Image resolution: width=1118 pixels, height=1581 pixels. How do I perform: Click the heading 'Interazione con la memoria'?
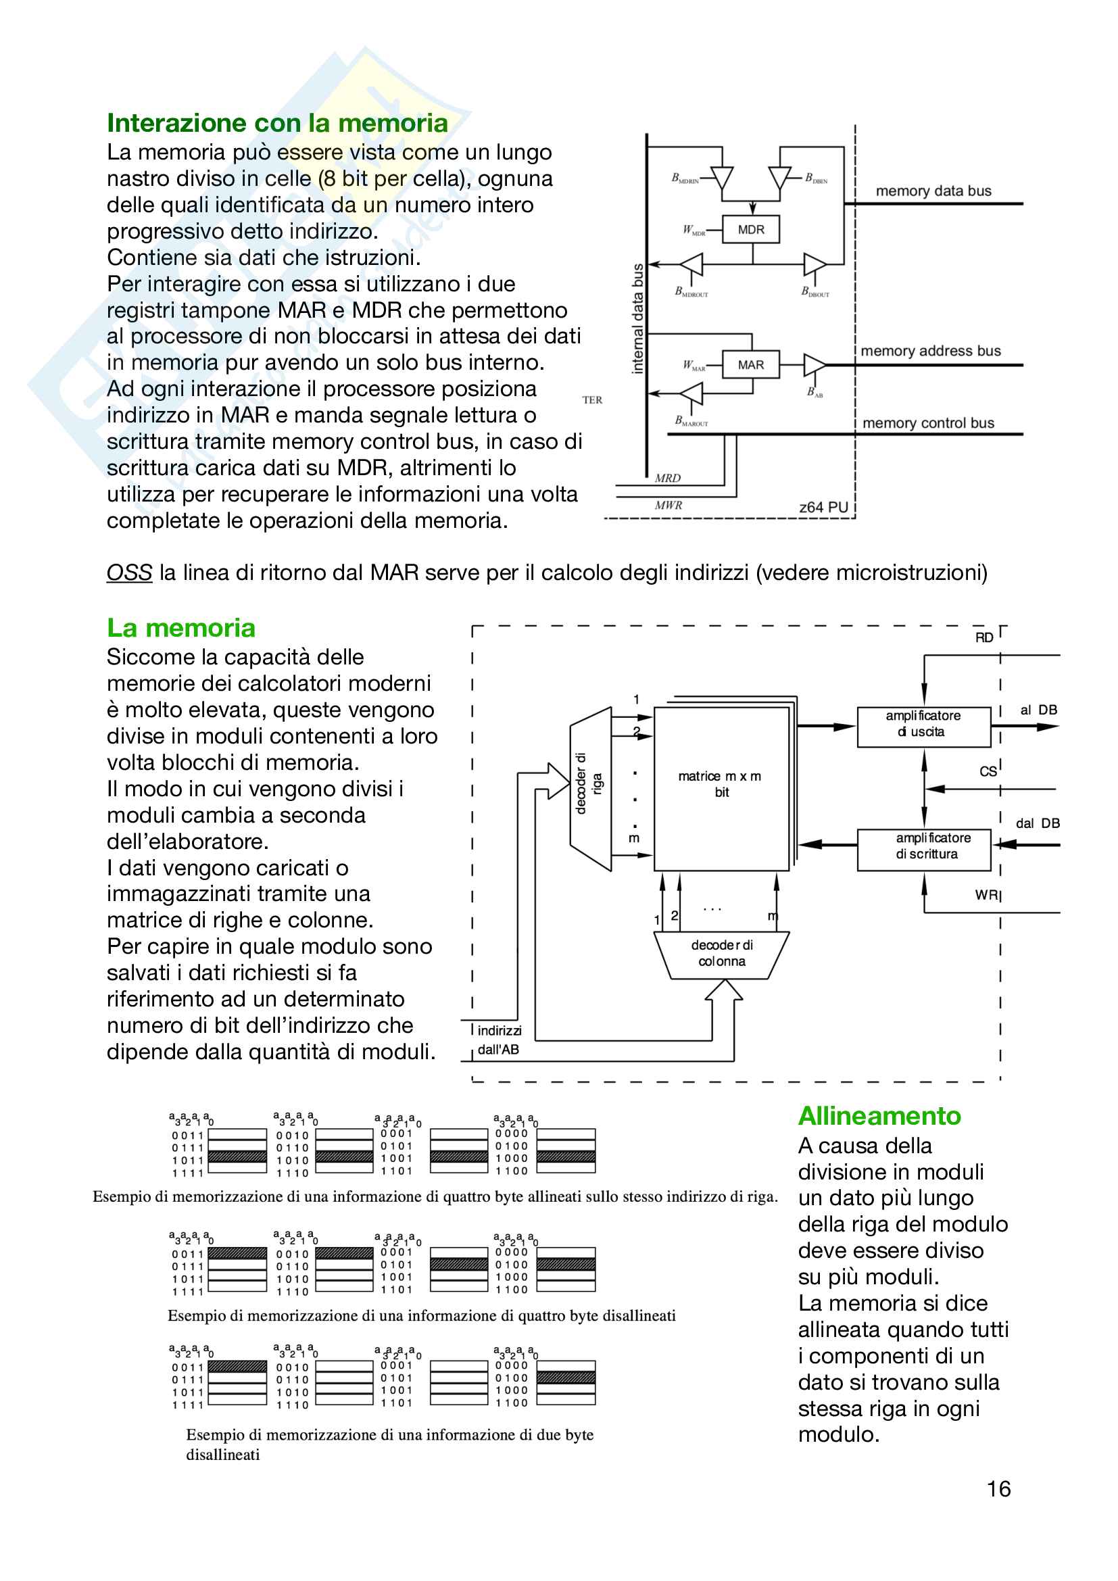pos(276,123)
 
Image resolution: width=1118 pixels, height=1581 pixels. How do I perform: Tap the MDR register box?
pos(750,229)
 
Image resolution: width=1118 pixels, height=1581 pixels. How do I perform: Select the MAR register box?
pos(750,365)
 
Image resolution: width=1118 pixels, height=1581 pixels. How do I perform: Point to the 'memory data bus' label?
pos(933,191)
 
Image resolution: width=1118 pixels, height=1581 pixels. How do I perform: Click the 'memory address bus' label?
pos(930,351)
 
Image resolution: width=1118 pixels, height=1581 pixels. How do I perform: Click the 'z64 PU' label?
pos(823,507)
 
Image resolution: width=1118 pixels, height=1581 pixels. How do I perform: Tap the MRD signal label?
pos(667,478)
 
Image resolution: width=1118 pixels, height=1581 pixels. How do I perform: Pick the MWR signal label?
pos(668,505)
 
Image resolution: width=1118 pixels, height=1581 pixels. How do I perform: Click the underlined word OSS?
pos(128,573)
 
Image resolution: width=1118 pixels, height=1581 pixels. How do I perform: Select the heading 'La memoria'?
pos(181,628)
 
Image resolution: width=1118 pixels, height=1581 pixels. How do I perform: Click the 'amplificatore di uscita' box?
pos(923,724)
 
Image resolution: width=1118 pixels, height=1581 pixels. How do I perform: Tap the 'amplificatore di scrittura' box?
pos(923,846)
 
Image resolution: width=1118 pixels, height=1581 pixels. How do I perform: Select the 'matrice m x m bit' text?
pos(720,783)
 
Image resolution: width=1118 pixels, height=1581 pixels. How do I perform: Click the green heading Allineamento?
pos(879,1115)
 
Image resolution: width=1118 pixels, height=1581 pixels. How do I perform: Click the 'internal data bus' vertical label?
pos(637,318)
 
